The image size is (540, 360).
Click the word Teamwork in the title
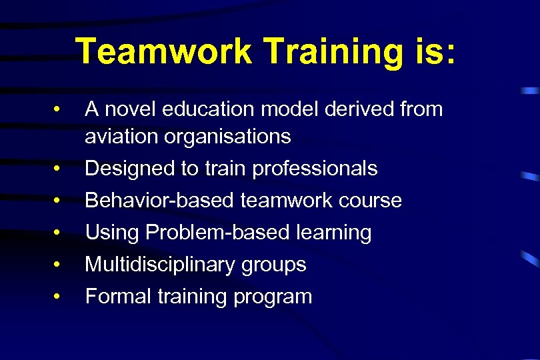point(163,52)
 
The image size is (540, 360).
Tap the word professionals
point(315,169)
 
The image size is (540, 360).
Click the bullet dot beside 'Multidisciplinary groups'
point(59,265)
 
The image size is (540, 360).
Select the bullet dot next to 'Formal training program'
point(59,297)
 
